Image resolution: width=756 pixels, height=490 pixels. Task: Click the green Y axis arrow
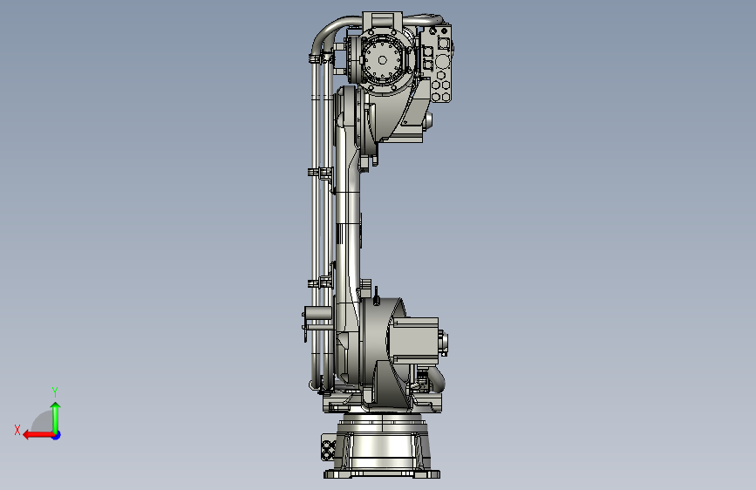[x=56, y=418]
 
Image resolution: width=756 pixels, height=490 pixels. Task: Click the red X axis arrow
[x=38, y=435]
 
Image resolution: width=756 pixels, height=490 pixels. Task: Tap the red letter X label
[x=17, y=430]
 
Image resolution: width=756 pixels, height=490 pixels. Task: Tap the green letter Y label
[x=55, y=391]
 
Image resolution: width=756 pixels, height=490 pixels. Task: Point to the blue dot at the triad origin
[x=57, y=435]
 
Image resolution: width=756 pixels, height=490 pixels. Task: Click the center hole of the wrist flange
[x=382, y=60]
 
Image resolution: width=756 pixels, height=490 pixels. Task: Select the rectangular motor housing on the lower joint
[x=415, y=341]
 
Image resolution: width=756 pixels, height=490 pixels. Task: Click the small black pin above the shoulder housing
[x=376, y=296]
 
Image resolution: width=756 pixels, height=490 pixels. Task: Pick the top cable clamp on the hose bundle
[x=321, y=58]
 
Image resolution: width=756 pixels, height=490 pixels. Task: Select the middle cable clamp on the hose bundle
[x=320, y=172]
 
